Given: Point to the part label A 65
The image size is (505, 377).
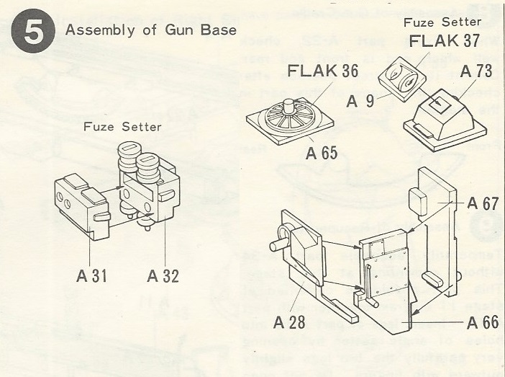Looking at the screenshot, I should click(322, 153).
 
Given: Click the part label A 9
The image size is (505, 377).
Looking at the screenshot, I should click(361, 102).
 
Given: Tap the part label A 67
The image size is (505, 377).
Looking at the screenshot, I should click(482, 203).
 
